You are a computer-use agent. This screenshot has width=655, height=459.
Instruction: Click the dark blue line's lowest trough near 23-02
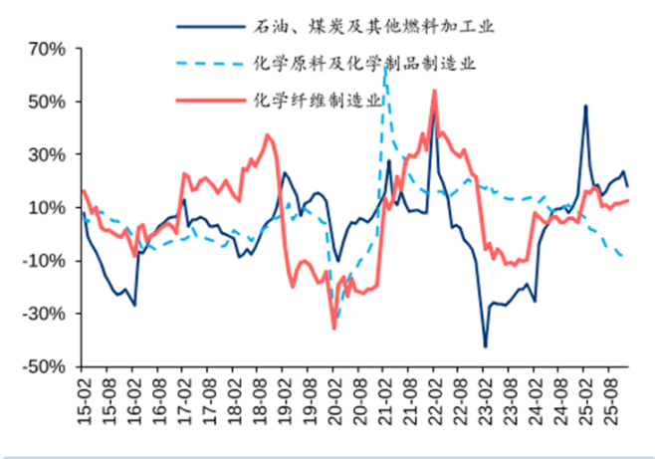(486, 346)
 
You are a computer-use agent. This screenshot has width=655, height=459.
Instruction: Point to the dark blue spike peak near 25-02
(585, 106)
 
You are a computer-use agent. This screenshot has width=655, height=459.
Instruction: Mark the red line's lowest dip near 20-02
(334, 328)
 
